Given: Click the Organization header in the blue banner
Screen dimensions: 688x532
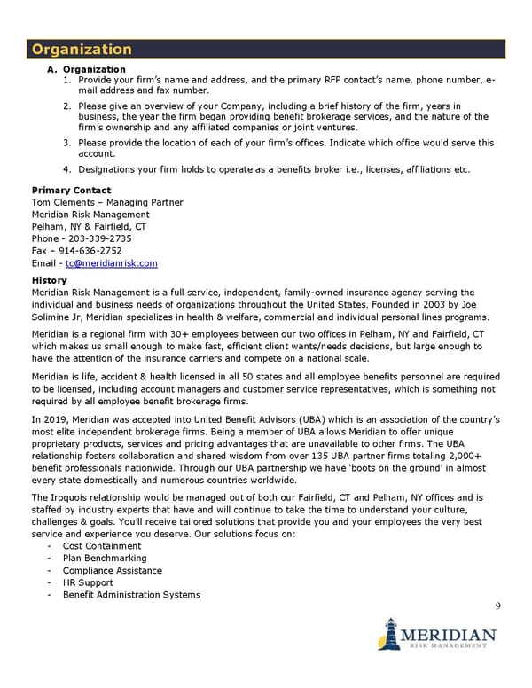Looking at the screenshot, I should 82,50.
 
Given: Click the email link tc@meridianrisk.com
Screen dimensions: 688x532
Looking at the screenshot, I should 112,263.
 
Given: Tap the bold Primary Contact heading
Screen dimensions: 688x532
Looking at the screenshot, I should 71,190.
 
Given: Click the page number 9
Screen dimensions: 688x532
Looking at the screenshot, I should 498,606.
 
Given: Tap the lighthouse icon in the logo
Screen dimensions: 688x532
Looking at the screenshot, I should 387,636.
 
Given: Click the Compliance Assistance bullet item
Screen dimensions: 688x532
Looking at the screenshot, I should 112,570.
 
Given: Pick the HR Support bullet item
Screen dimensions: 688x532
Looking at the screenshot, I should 88,582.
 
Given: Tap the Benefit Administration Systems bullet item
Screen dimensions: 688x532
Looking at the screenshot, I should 131,595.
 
